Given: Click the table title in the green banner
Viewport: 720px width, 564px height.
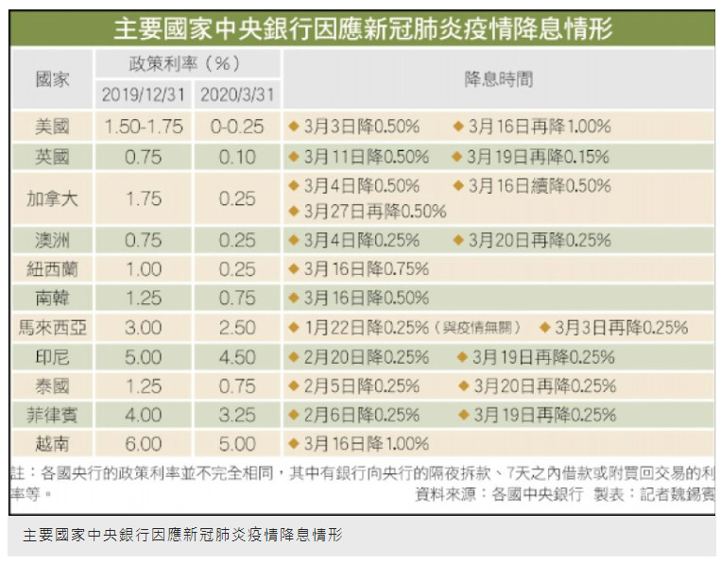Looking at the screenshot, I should pos(362,29).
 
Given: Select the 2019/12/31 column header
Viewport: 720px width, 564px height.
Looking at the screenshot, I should pos(143,95).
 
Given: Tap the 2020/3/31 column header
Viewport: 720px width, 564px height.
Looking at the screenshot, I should pos(237,95).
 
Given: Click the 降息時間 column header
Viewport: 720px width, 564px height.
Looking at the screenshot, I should pos(498,79).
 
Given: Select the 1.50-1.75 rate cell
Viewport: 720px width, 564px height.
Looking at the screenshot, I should pos(143,126).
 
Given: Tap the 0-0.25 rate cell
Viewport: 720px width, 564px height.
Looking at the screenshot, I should pos(237,126).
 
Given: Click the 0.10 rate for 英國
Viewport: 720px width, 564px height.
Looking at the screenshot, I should pos(237,157).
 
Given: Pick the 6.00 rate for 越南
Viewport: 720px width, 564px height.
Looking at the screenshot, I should pos(143,443).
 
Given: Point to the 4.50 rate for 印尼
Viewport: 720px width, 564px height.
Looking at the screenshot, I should pos(237,357).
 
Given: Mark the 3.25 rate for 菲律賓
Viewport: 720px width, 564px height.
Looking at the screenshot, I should pos(237,415).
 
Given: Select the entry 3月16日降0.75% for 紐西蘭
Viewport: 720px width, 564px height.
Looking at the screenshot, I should pos(366,269).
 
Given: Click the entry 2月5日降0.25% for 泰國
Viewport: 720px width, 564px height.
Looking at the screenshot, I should pos(361,386).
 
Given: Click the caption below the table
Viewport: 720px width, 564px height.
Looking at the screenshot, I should pos(182,536).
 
